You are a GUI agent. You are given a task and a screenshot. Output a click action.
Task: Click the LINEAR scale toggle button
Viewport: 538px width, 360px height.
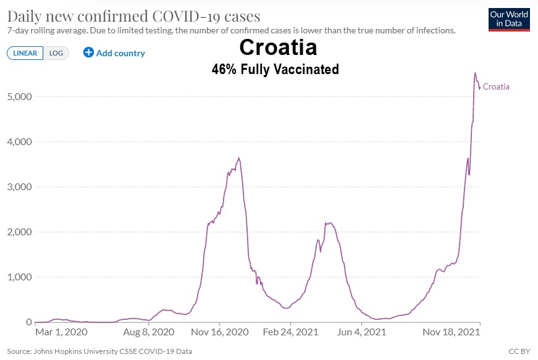25,53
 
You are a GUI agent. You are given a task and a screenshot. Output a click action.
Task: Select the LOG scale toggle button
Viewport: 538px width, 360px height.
56,53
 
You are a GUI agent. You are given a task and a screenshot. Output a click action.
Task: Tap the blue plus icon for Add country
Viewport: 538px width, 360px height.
88,53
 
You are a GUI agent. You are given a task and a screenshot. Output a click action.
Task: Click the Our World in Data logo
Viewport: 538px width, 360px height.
508,19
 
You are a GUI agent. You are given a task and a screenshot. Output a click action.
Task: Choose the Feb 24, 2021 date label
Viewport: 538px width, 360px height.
290,332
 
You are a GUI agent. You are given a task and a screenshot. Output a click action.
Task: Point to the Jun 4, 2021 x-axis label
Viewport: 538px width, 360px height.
361,332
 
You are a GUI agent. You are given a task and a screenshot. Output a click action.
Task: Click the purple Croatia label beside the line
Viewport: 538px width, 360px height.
496,87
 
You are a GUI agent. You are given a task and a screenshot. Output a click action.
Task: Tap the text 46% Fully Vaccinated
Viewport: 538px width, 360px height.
275,69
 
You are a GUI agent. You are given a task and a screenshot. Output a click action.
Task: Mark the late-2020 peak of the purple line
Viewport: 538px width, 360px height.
239,158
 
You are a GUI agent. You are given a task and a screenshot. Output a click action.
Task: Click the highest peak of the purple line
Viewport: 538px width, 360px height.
475,73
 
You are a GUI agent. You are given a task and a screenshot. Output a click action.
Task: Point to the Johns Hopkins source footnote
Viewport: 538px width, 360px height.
99,351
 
